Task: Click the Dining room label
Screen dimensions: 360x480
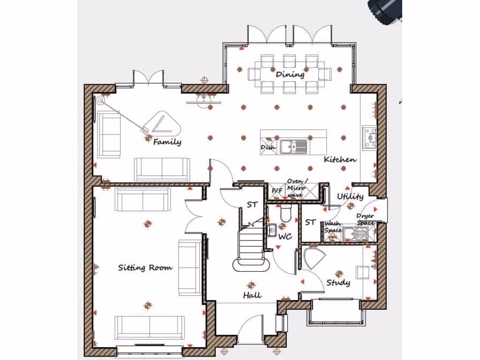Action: click(x=290, y=75)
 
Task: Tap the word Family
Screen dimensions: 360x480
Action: click(x=167, y=142)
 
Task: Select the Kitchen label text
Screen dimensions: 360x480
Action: click(x=340, y=160)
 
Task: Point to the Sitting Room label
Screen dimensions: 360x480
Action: click(x=145, y=268)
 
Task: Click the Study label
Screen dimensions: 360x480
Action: click(x=338, y=283)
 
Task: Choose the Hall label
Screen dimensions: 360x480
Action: click(x=252, y=295)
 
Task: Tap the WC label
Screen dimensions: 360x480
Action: click(x=285, y=237)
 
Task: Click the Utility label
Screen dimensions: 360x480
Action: click(x=350, y=196)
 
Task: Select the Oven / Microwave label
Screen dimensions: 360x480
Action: click(x=298, y=188)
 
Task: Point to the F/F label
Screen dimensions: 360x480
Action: click(x=277, y=191)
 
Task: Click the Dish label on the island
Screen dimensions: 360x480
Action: click(x=268, y=147)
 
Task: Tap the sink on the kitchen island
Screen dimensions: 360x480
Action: click(x=293, y=146)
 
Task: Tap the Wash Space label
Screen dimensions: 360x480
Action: click(x=332, y=227)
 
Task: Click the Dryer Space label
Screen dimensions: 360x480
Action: click(x=366, y=219)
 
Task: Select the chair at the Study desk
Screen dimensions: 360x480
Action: click(x=363, y=272)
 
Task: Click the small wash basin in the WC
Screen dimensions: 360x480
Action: click(x=271, y=230)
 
